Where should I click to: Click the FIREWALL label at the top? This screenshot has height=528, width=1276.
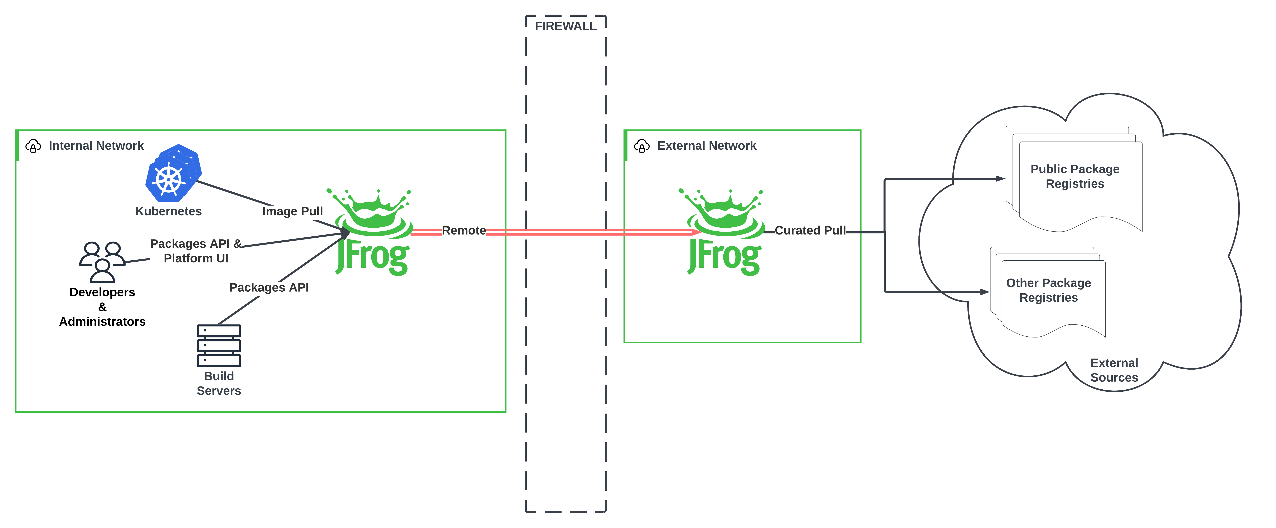coord(565,26)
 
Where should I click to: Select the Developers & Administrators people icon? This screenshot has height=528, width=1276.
coord(102,261)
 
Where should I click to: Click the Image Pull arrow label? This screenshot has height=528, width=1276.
coord(292,211)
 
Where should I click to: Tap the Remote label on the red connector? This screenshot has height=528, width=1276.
coord(464,231)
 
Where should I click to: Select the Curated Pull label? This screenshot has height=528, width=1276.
coord(810,231)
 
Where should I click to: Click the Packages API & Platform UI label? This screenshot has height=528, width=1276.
coord(196,251)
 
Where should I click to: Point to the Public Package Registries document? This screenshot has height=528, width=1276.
coord(1075,177)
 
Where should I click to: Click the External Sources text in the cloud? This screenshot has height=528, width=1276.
coord(1114,370)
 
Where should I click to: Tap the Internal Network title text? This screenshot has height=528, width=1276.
coord(96,145)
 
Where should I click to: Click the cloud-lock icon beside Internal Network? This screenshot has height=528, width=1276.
coord(33,146)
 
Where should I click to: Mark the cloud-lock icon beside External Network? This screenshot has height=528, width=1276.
coord(641,146)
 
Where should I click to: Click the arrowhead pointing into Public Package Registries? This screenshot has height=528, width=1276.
coord(1000,179)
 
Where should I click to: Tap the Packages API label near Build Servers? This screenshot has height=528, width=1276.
coord(269,287)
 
